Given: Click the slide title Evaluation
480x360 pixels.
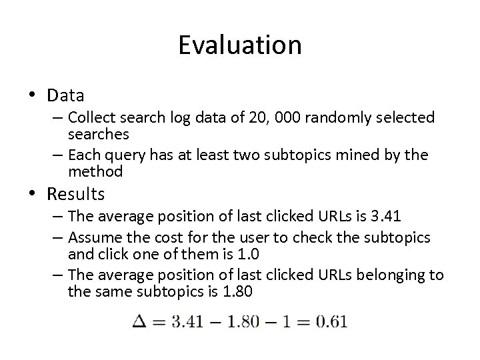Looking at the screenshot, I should pyautogui.click(x=240, y=45).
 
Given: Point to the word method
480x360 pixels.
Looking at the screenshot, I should pyautogui.click(x=95, y=171).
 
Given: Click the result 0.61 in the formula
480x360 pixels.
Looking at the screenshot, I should pyautogui.click(x=331, y=323).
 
